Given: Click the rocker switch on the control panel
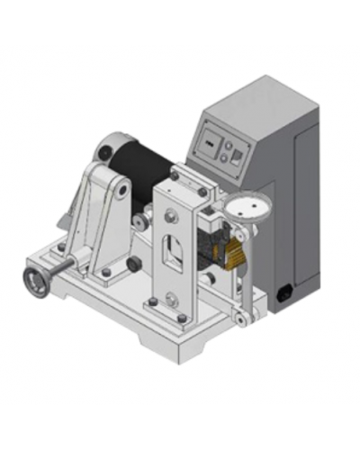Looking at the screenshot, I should pos(236,156).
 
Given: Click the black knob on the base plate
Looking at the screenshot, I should pos(133,265).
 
